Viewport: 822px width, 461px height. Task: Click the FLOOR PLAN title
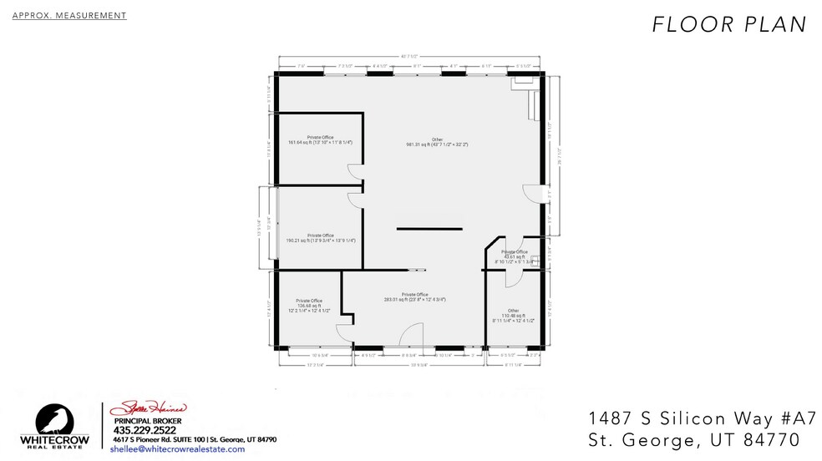pos(728,25)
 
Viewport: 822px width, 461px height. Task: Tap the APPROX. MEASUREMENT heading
pos(69,15)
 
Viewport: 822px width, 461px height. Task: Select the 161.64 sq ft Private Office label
pos(320,139)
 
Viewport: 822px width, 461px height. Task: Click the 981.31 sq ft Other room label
pos(437,142)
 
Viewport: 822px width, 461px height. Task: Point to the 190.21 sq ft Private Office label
pos(321,238)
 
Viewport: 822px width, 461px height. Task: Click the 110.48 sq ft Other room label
pos(514,315)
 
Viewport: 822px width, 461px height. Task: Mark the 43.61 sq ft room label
pos(514,256)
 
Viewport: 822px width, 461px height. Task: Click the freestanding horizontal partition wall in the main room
pos(429,228)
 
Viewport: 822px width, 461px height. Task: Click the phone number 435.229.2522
pos(146,430)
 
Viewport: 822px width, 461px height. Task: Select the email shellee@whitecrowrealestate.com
pos(177,448)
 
